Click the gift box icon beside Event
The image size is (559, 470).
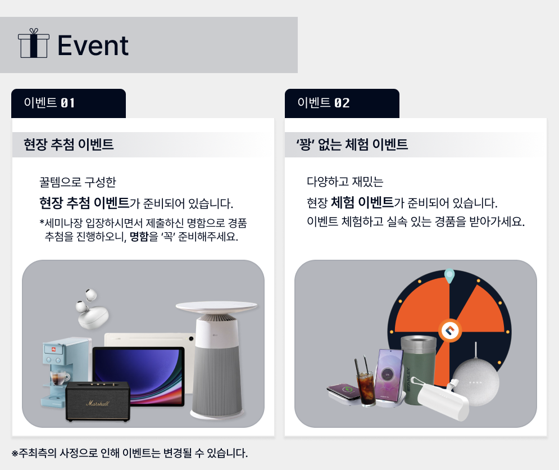[34, 43]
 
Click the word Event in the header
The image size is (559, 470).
[93, 46]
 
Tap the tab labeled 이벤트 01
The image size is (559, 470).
[69, 103]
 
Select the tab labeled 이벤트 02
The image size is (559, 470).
[342, 103]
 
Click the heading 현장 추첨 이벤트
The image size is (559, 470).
[69, 144]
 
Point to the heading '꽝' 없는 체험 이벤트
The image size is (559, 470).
[352, 144]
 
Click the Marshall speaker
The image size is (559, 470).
[98, 401]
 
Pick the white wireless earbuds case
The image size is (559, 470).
[92, 310]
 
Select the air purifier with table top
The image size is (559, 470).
[217, 359]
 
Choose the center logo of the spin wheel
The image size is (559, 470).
[450, 331]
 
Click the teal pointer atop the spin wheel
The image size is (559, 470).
[449, 275]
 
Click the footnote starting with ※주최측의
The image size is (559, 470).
[130, 453]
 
